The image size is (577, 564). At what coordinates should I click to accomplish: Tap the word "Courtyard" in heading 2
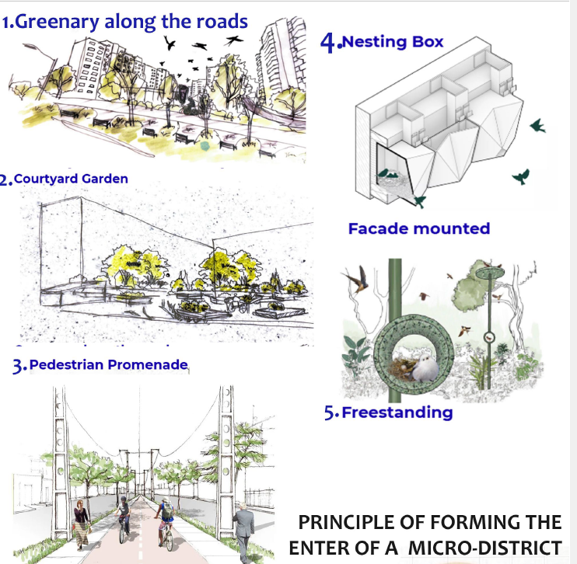(47, 179)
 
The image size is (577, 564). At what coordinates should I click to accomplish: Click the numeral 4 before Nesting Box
(329, 43)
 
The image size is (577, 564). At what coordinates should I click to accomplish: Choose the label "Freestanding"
(397, 412)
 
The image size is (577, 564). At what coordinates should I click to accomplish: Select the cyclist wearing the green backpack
(164, 519)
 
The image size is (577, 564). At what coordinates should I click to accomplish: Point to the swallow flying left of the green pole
(359, 277)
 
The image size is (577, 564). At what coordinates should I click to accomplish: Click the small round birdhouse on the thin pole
(490, 337)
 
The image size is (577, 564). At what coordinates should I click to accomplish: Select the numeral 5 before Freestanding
(329, 413)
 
